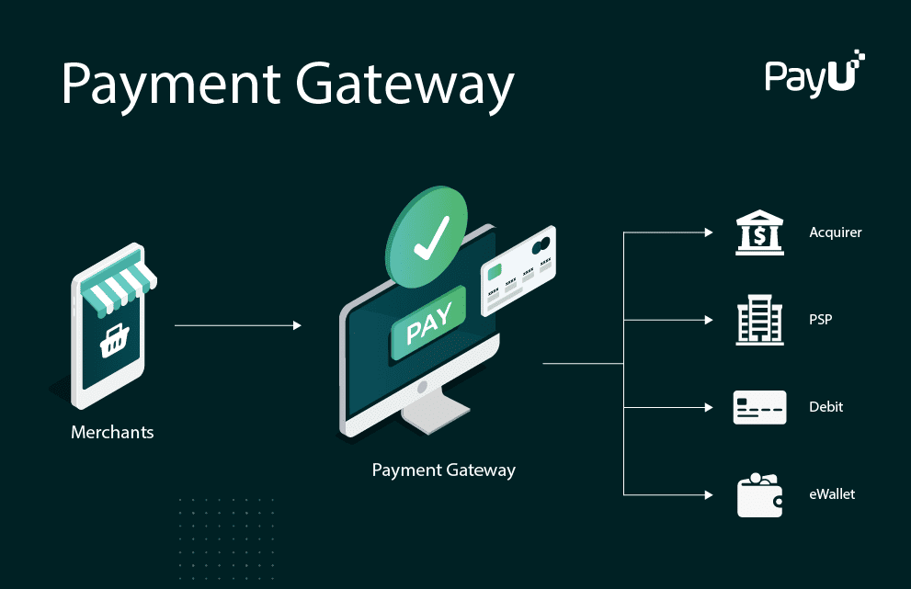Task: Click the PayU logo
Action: (x=814, y=74)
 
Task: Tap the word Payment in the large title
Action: (x=169, y=85)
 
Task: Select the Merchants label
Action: (x=112, y=432)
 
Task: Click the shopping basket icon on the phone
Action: (x=113, y=343)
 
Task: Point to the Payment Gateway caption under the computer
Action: (x=443, y=470)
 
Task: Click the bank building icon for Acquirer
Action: (x=759, y=232)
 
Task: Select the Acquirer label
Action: (x=835, y=232)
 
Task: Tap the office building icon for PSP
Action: (x=759, y=320)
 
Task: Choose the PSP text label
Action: (x=820, y=320)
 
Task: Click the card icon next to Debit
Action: (x=759, y=407)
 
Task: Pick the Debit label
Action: (x=826, y=407)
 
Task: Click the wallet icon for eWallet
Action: (x=759, y=495)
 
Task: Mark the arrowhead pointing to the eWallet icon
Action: (x=708, y=494)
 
